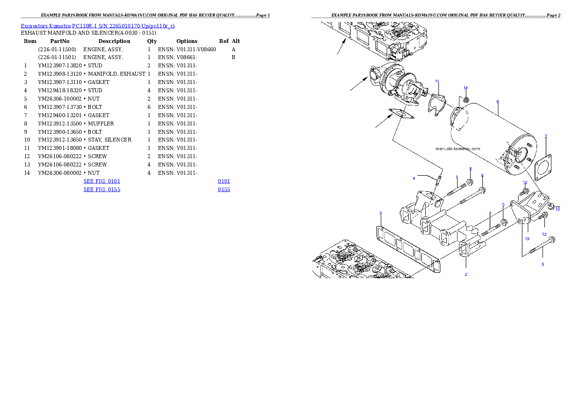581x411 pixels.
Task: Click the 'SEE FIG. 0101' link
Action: [102, 182]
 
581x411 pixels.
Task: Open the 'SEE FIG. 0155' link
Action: [102, 189]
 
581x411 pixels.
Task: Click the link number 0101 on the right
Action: [224, 182]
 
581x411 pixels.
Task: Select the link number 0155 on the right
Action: [224, 189]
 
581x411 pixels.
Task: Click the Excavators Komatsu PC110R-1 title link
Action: [98, 26]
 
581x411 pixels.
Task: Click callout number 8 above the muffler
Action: [497, 102]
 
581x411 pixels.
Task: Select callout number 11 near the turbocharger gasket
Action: [437, 81]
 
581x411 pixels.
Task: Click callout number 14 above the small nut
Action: [465, 88]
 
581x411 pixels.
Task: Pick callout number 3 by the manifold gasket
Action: [380, 213]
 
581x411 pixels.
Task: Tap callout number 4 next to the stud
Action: [414, 179]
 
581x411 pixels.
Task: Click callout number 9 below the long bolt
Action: [542, 265]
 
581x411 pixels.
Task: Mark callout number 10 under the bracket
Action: [527, 239]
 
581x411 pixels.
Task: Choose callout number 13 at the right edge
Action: [558, 209]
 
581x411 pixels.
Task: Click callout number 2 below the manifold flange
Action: [466, 274]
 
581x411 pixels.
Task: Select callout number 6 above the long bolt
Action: [482, 175]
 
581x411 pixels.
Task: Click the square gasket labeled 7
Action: [543, 167]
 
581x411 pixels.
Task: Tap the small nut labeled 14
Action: [466, 100]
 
